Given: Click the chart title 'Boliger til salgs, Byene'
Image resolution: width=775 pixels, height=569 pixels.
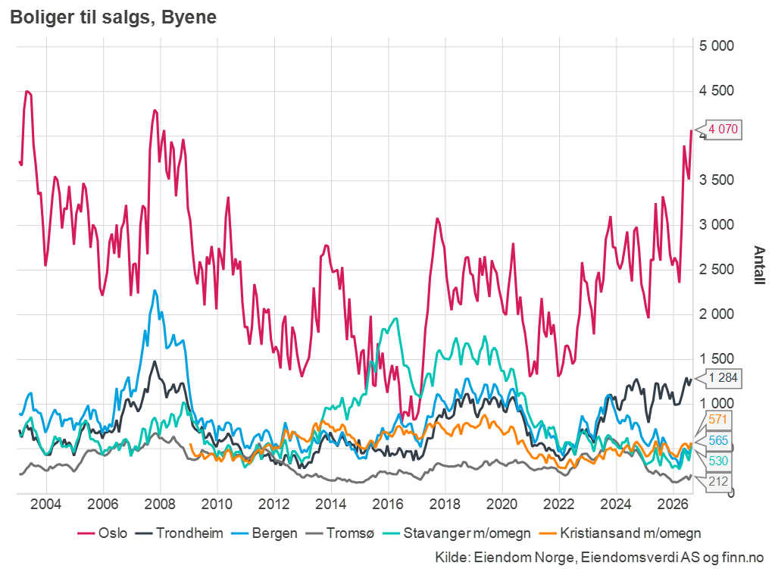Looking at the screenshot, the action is pos(113,17).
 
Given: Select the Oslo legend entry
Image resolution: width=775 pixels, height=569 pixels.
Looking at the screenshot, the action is pos(102,533).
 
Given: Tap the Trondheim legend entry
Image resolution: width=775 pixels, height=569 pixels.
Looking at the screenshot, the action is pos(180,533).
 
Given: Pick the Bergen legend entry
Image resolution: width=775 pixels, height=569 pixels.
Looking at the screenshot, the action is pos(264,533).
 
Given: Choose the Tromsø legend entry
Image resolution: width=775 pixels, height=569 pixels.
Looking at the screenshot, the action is pos(340,533).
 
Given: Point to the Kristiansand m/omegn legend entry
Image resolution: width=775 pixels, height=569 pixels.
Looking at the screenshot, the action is pos(620,533).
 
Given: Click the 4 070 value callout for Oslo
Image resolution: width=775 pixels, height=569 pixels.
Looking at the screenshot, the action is pos(723,130).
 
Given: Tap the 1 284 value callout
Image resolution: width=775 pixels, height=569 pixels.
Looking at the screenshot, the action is pos(723,378).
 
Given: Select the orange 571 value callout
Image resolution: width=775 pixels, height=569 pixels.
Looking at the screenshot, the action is pos(717,420).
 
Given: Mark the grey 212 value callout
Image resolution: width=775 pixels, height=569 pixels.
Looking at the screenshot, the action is pos(717,481).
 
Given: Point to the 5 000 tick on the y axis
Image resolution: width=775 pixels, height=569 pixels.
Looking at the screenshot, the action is pos(716,46).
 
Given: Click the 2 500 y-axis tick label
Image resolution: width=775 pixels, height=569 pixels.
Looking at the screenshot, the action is pos(716,270).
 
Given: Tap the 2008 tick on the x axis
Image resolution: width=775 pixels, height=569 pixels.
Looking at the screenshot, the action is pos(160,505).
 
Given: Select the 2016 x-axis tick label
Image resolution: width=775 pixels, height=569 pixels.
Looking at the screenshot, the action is pos(388,505).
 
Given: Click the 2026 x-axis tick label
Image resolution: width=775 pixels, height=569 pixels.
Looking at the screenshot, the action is pos(673,505).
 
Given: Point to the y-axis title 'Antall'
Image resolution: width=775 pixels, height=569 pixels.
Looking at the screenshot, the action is pos(759,265).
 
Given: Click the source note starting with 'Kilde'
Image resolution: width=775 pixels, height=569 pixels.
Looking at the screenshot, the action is pos(599,557).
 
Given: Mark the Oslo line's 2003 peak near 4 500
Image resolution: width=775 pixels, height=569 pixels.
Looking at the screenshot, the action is pos(27,92).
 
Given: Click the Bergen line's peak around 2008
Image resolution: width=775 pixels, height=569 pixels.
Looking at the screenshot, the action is pos(155,291).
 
